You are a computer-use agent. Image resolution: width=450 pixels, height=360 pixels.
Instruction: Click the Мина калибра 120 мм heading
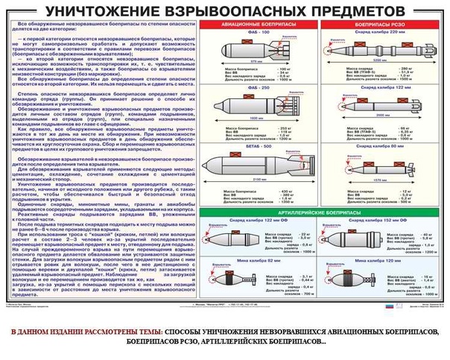click(378, 260)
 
